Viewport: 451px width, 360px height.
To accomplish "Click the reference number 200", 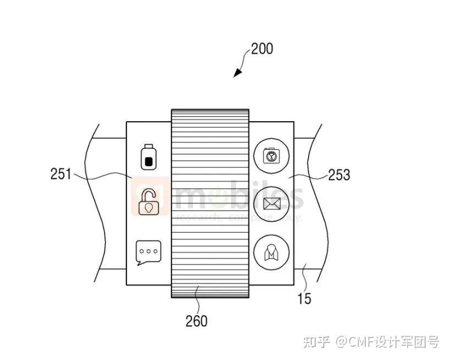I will click(261, 48).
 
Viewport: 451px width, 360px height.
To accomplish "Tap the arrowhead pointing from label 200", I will click(237, 73).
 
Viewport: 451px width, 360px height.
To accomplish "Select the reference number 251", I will click(61, 174).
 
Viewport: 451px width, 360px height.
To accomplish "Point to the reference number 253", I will click(339, 175).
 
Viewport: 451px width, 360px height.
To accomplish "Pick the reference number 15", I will click(304, 299).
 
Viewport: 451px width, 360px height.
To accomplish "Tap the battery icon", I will click(147, 157).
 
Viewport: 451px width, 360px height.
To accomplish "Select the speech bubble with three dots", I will click(148, 252).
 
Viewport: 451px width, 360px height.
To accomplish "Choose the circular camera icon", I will click(271, 156).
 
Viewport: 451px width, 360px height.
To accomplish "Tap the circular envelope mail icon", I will click(271, 204).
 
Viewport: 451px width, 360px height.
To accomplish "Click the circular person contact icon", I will click(271, 252).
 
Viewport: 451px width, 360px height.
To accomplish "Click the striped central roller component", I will click(210, 203).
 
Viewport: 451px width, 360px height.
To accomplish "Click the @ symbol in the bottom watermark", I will click(342, 342).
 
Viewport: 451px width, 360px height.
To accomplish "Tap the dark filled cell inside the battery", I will click(147, 161).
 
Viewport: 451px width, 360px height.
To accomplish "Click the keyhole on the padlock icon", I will click(148, 208).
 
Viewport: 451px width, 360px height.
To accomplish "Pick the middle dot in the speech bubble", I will click(148, 250).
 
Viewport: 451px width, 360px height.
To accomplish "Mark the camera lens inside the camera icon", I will click(271, 157).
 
